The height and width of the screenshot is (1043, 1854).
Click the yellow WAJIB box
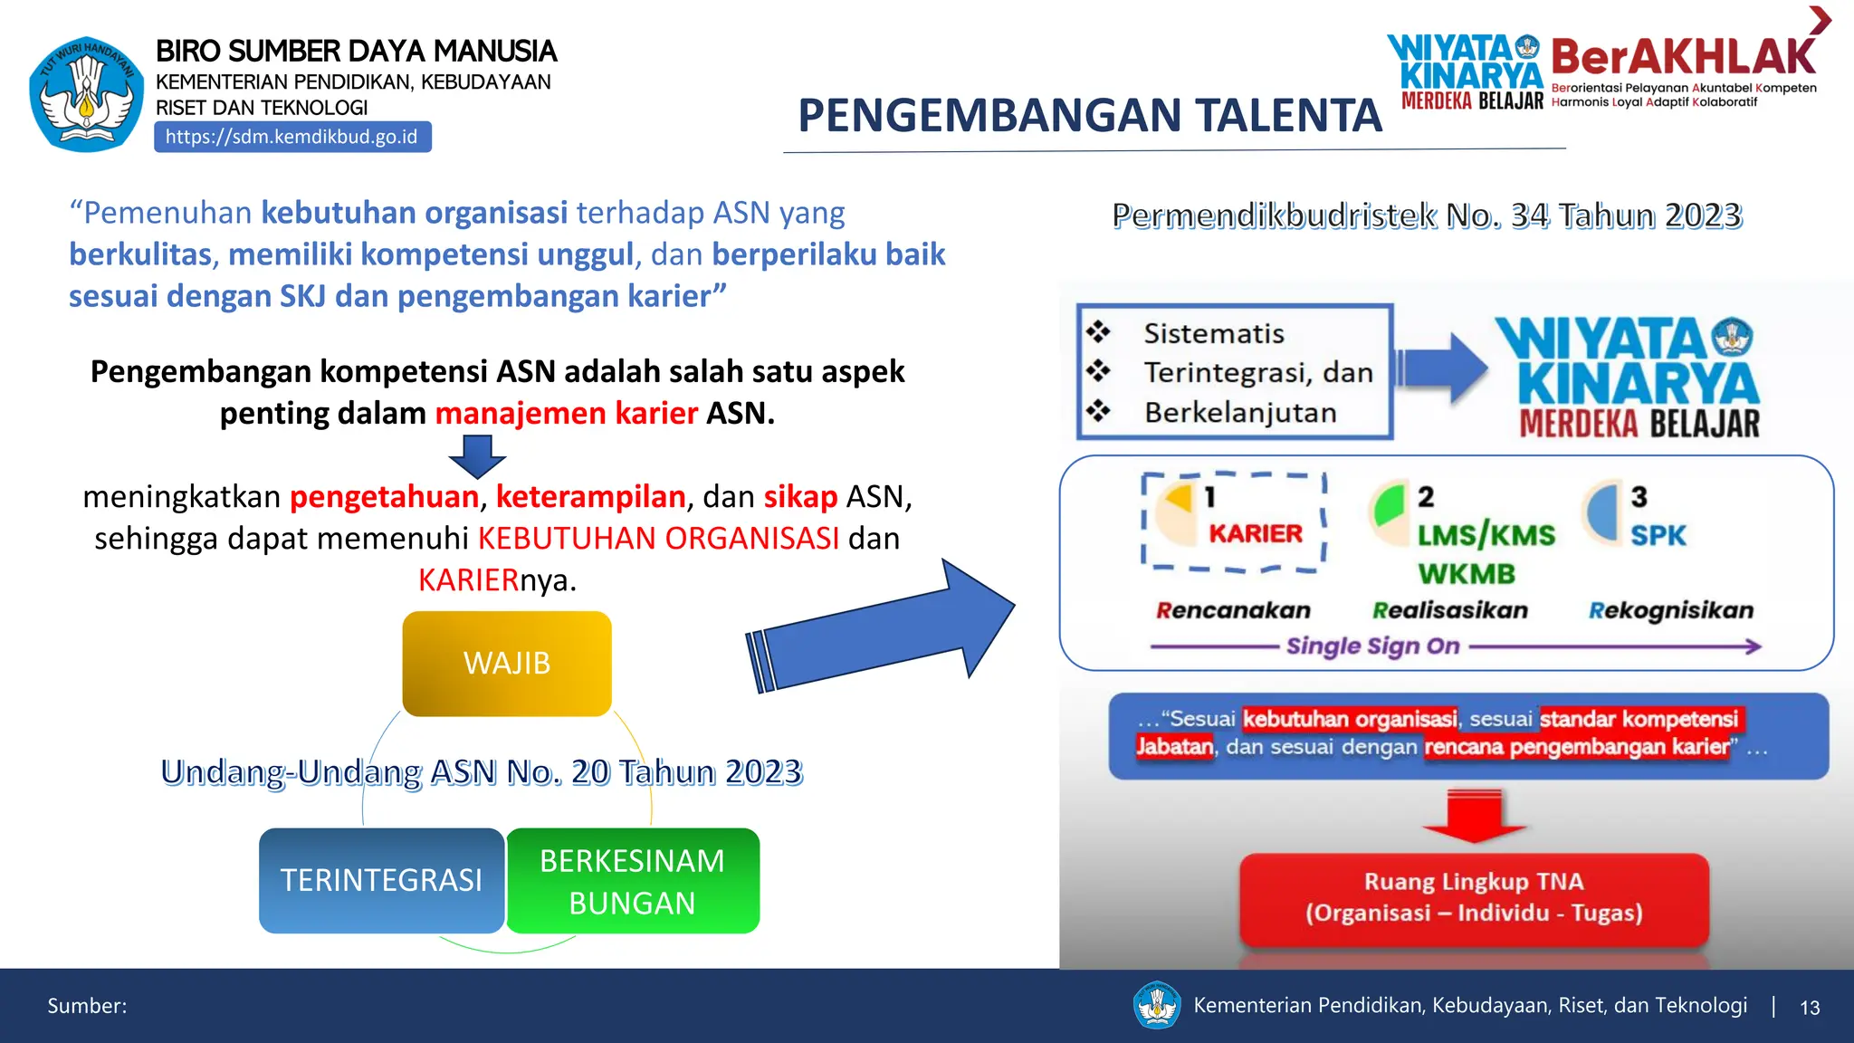pyautogui.click(x=507, y=664)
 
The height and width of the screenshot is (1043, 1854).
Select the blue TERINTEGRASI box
pyautogui.click(x=381, y=880)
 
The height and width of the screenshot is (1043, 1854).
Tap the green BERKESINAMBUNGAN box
pyautogui.click(x=632, y=881)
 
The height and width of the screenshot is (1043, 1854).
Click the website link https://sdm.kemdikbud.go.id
pyautogui.click(x=291, y=137)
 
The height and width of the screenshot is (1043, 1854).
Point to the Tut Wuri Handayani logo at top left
pyautogui.click(x=86, y=94)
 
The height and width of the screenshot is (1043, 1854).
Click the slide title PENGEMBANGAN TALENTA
pyautogui.click(x=1089, y=116)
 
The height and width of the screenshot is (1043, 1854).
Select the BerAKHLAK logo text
pyautogui.click(x=1682, y=57)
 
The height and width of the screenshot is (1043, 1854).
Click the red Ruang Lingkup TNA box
pyautogui.click(x=1474, y=897)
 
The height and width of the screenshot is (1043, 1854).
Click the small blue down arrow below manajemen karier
pyautogui.click(x=477, y=455)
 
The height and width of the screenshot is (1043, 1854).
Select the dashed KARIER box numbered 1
pyautogui.click(x=1234, y=522)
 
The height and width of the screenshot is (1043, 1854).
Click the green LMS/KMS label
pyautogui.click(x=1486, y=535)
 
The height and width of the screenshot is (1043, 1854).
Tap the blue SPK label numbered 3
pyautogui.click(x=1658, y=535)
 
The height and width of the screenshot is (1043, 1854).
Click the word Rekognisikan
pyautogui.click(x=1670, y=610)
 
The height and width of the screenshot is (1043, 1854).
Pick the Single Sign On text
pyautogui.click(x=1372, y=646)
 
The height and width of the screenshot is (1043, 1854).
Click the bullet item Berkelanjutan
pyautogui.click(x=1240, y=413)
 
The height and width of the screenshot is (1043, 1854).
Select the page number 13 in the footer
pyautogui.click(x=1809, y=1008)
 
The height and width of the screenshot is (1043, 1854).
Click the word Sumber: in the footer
pyautogui.click(x=87, y=1006)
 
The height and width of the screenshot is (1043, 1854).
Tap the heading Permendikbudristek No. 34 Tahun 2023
pyautogui.click(x=1427, y=215)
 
